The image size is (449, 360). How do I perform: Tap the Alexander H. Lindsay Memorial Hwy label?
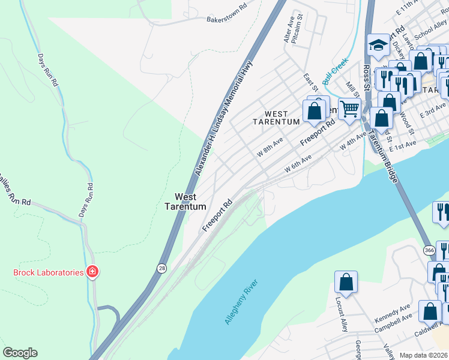[x=223, y=118]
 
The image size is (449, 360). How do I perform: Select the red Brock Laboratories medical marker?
[x=92, y=272]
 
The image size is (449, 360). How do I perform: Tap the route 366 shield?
[x=429, y=250]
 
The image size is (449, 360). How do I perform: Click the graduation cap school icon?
[x=378, y=45]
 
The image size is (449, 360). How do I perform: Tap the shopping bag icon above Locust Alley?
[x=346, y=281]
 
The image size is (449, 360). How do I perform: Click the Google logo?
[x=20, y=353]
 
